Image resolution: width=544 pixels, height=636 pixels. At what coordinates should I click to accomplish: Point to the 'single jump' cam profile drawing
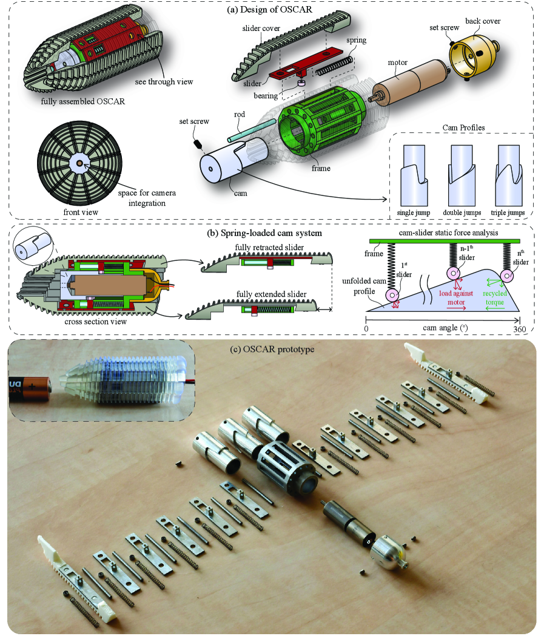[x=414, y=175]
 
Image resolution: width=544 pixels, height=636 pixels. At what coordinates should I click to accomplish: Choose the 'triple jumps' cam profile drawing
[x=509, y=175]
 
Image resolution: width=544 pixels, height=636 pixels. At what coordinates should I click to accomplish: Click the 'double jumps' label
[x=462, y=212]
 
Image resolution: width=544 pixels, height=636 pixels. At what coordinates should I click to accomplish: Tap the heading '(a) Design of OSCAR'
[x=269, y=9]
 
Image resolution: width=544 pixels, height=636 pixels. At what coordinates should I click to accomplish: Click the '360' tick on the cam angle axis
[x=519, y=329]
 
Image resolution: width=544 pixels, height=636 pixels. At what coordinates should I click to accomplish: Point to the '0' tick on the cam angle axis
[x=366, y=329]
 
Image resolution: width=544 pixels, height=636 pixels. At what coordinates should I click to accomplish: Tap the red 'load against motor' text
[x=456, y=298]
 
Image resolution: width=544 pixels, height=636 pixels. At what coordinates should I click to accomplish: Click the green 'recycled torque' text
[x=494, y=298]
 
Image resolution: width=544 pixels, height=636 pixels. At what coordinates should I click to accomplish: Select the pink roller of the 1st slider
[x=393, y=295]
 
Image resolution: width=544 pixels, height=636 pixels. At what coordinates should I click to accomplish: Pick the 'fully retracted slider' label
[x=269, y=248]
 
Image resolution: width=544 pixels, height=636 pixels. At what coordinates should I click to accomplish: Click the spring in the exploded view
[x=335, y=66]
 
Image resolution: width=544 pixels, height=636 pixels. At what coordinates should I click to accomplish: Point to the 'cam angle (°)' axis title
[x=445, y=328]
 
